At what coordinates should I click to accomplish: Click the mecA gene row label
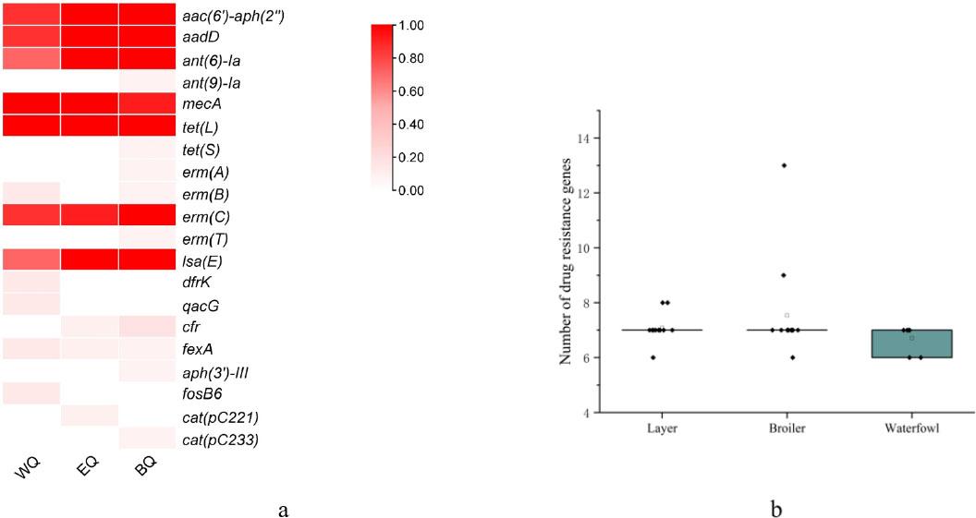pos(204,104)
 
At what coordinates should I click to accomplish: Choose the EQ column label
pos(86,470)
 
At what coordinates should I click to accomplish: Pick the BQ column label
pos(145,470)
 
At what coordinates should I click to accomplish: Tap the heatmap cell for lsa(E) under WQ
pos(32,261)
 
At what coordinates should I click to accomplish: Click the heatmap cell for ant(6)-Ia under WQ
pos(32,60)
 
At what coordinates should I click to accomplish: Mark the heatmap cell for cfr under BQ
pos(147,328)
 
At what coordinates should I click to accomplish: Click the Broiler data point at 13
pos(784,165)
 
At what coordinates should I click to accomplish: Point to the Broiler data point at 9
pos(784,274)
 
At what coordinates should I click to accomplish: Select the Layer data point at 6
pos(653,357)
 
